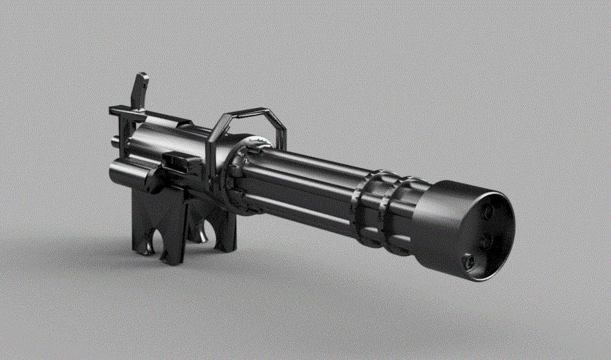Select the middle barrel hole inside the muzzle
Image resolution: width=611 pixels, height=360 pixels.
click(486, 242)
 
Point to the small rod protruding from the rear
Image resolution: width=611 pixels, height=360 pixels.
click(114, 142)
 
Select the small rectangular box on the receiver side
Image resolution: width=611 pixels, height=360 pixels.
click(178, 163)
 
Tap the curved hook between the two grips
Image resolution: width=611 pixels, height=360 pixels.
click(200, 234)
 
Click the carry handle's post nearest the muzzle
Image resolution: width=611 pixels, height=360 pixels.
click(279, 131)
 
